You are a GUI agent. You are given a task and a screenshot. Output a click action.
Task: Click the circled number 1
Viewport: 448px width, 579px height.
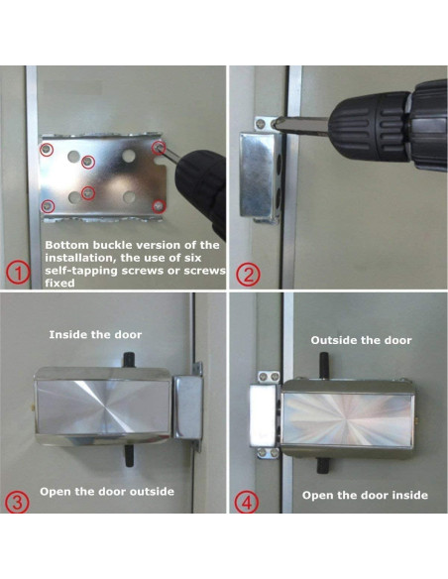click(x=18, y=274)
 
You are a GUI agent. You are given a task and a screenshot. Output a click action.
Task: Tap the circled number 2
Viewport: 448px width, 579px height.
click(x=248, y=275)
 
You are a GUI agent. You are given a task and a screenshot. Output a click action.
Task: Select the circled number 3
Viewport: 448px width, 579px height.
click(x=17, y=503)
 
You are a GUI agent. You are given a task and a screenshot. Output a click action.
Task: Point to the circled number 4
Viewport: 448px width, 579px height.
click(x=247, y=503)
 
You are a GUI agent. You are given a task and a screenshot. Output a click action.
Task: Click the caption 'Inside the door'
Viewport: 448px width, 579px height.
click(x=95, y=335)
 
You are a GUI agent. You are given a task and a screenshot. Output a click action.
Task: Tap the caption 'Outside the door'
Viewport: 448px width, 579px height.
click(x=361, y=340)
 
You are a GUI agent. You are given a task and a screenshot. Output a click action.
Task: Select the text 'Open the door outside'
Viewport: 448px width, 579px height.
click(x=107, y=492)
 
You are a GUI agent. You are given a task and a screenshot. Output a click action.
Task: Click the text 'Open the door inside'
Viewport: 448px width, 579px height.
click(x=365, y=495)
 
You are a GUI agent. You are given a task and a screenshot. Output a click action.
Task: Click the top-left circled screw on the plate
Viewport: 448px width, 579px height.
click(x=47, y=150)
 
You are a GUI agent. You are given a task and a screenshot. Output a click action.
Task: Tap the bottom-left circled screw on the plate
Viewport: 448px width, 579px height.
click(x=48, y=206)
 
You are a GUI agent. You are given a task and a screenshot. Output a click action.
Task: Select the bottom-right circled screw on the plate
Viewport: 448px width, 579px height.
click(x=159, y=206)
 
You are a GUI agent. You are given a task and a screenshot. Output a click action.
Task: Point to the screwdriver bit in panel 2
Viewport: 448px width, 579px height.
click(x=300, y=125)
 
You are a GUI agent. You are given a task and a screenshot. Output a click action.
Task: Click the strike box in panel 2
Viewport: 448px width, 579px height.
click(x=259, y=174)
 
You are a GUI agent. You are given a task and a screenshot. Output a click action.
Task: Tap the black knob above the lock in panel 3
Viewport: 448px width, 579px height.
click(x=128, y=359)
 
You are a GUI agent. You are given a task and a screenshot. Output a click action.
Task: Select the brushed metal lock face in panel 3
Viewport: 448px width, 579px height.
click(x=103, y=407)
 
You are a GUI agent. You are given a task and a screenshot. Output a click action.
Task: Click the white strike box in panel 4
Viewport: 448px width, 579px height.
click(x=263, y=414)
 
